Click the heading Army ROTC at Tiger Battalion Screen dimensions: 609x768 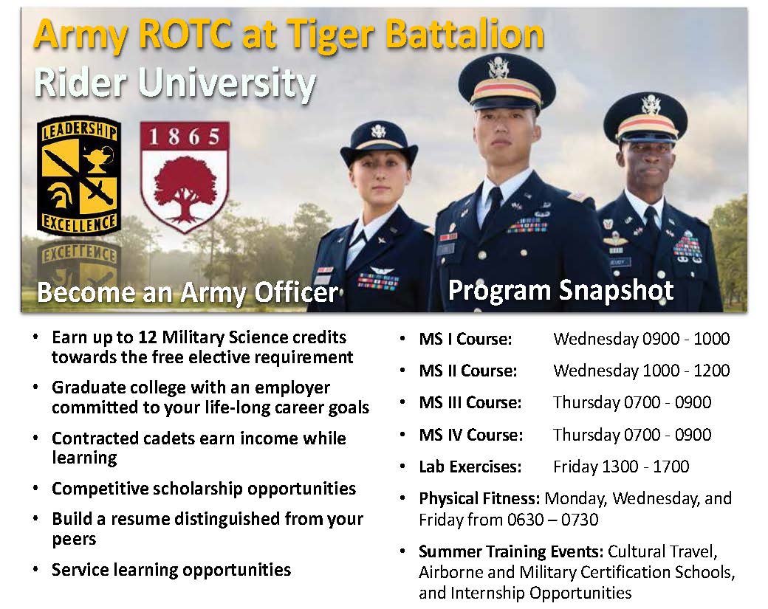tap(289, 34)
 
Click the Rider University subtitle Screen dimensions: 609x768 tap(175, 83)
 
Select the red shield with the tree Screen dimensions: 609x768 tap(185, 176)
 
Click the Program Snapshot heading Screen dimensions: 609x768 tap(560, 290)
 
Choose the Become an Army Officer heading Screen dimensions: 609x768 tap(188, 293)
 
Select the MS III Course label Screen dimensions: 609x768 tap(470, 403)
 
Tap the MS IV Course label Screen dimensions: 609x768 tap(470, 436)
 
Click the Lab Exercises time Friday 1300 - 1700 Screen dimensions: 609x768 tap(620, 467)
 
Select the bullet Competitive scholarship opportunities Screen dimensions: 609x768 tap(204, 489)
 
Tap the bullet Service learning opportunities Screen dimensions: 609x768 tap(171, 570)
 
